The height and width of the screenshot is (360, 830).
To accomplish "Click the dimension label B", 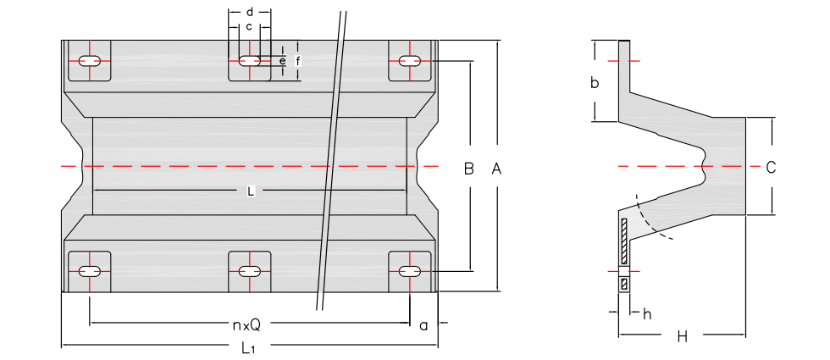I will click(x=468, y=169).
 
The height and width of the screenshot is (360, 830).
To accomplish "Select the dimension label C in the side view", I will click(x=771, y=168).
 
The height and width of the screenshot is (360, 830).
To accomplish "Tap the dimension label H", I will click(x=682, y=337).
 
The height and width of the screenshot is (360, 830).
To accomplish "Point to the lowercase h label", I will click(x=647, y=314).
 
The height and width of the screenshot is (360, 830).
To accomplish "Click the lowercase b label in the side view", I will click(x=595, y=83).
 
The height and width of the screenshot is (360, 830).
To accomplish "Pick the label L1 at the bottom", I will click(x=248, y=347).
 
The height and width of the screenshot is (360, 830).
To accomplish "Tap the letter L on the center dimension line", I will click(x=251, y=191).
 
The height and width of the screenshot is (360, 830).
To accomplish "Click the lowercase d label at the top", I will click(x=250, y=13).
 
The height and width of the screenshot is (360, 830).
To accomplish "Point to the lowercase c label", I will click(x=249, y=27).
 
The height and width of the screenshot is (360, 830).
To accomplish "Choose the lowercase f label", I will click(x=297, y=61).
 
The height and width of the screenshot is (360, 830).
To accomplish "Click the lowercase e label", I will click(x=282, y=61).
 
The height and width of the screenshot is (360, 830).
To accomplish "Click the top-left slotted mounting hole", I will click(x=90, y=61).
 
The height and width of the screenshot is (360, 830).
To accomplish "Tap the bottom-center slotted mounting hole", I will click(x=249, y=271).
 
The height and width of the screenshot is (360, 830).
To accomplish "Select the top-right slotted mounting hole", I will click(x=410, y=61).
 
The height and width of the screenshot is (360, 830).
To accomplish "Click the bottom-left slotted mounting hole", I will click(x=90, y=271).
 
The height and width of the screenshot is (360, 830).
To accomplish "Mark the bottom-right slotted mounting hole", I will click(x=410, y=271).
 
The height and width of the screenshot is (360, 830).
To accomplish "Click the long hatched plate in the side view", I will click(x=624, y=241).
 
